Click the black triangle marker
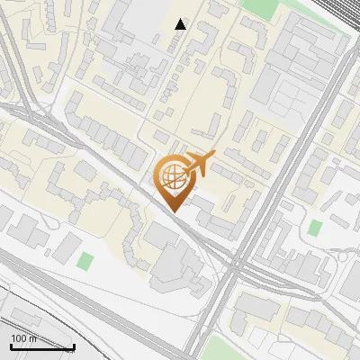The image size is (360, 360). [181, 24]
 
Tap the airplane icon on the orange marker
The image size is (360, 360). [200, 163]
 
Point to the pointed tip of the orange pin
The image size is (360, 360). [174, 211]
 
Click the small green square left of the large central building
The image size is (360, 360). [85, 262]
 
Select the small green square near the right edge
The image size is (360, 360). [314, 228]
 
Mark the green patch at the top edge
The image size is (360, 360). [261, 7]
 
